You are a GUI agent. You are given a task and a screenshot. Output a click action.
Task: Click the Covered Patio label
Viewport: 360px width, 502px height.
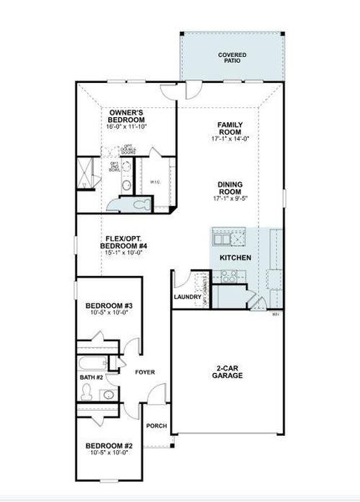click(x=232, y=58)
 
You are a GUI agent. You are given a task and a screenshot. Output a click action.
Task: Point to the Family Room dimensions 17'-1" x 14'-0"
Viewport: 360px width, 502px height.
click(x=229, y=140)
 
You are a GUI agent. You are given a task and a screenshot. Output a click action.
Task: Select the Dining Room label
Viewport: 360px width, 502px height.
click(x=229, y=188)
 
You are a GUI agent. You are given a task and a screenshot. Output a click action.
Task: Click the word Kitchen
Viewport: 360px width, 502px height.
click(x=235, y=258)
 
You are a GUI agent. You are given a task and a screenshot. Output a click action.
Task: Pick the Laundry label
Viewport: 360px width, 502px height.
click(x=188, y=296)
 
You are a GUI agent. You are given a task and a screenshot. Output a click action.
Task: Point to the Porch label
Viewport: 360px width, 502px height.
click(x=157, y=425)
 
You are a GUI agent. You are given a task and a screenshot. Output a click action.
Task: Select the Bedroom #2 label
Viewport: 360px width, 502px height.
click(x=109, y=445)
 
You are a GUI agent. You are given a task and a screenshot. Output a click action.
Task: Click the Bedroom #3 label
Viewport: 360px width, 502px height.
click(x=109, y=306)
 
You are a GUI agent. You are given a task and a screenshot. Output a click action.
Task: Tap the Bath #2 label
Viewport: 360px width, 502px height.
click(x=92, y=377)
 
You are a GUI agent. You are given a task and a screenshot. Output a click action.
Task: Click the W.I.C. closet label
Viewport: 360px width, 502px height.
click(x=156, y=182)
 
